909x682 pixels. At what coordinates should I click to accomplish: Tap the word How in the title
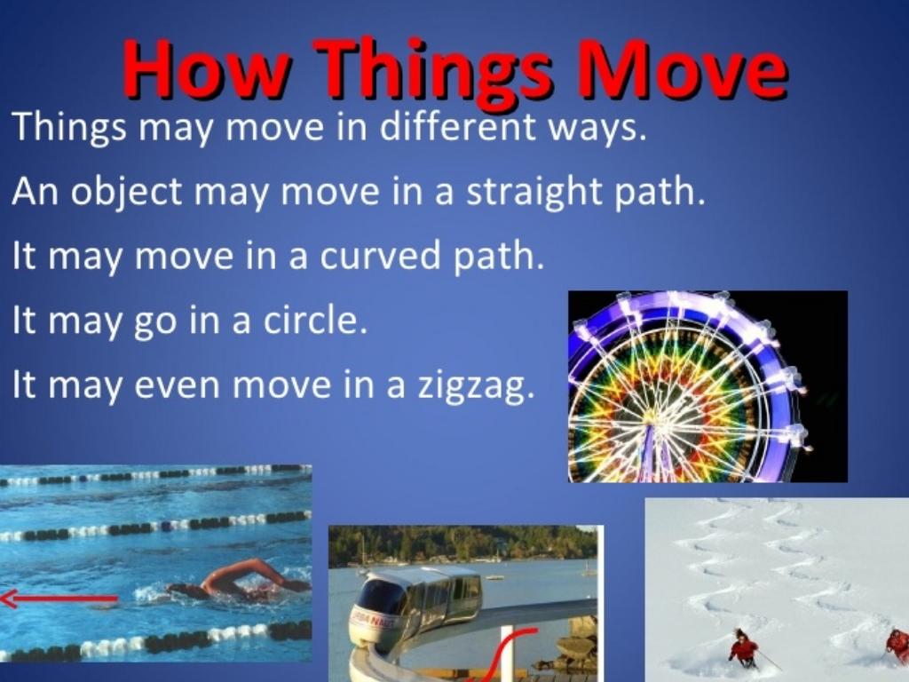click(205, 68)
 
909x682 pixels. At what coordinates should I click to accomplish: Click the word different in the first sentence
click(457, 126)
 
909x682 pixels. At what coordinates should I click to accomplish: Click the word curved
click(380, 255)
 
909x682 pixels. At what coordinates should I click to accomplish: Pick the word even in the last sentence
click(178, 385)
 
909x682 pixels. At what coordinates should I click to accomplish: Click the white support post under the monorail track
click(507, 653)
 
